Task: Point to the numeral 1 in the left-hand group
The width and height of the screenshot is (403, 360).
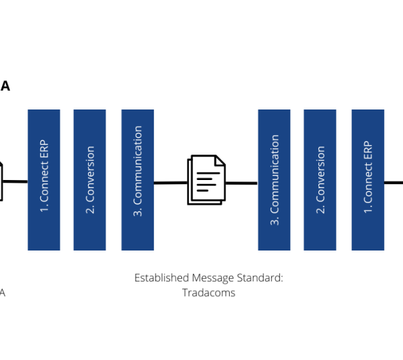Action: [x=44, y=209]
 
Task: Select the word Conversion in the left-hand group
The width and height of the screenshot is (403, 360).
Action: [x=90, y=174]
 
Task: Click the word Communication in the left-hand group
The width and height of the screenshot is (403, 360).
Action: [x=138, y=165]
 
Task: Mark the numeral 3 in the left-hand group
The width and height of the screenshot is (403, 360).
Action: [x=138, y=212]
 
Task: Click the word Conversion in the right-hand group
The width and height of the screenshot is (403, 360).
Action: [x=320, y=174]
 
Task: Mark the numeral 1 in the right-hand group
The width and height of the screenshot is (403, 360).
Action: [x=367, y=210]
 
